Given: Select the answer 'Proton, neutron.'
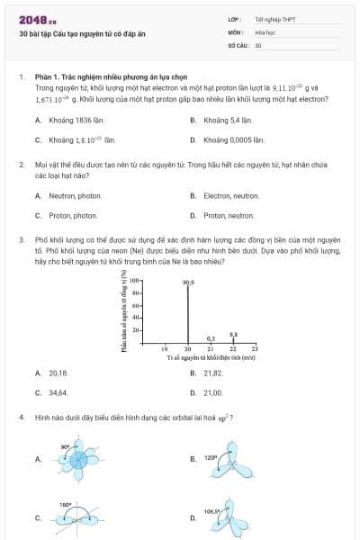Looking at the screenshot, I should pos(229,215).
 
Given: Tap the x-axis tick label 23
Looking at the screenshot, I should pos(255,348).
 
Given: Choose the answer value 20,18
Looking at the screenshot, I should pos(58,372).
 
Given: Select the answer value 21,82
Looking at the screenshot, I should pos(213,372).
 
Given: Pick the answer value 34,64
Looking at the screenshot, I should pos(58,392).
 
